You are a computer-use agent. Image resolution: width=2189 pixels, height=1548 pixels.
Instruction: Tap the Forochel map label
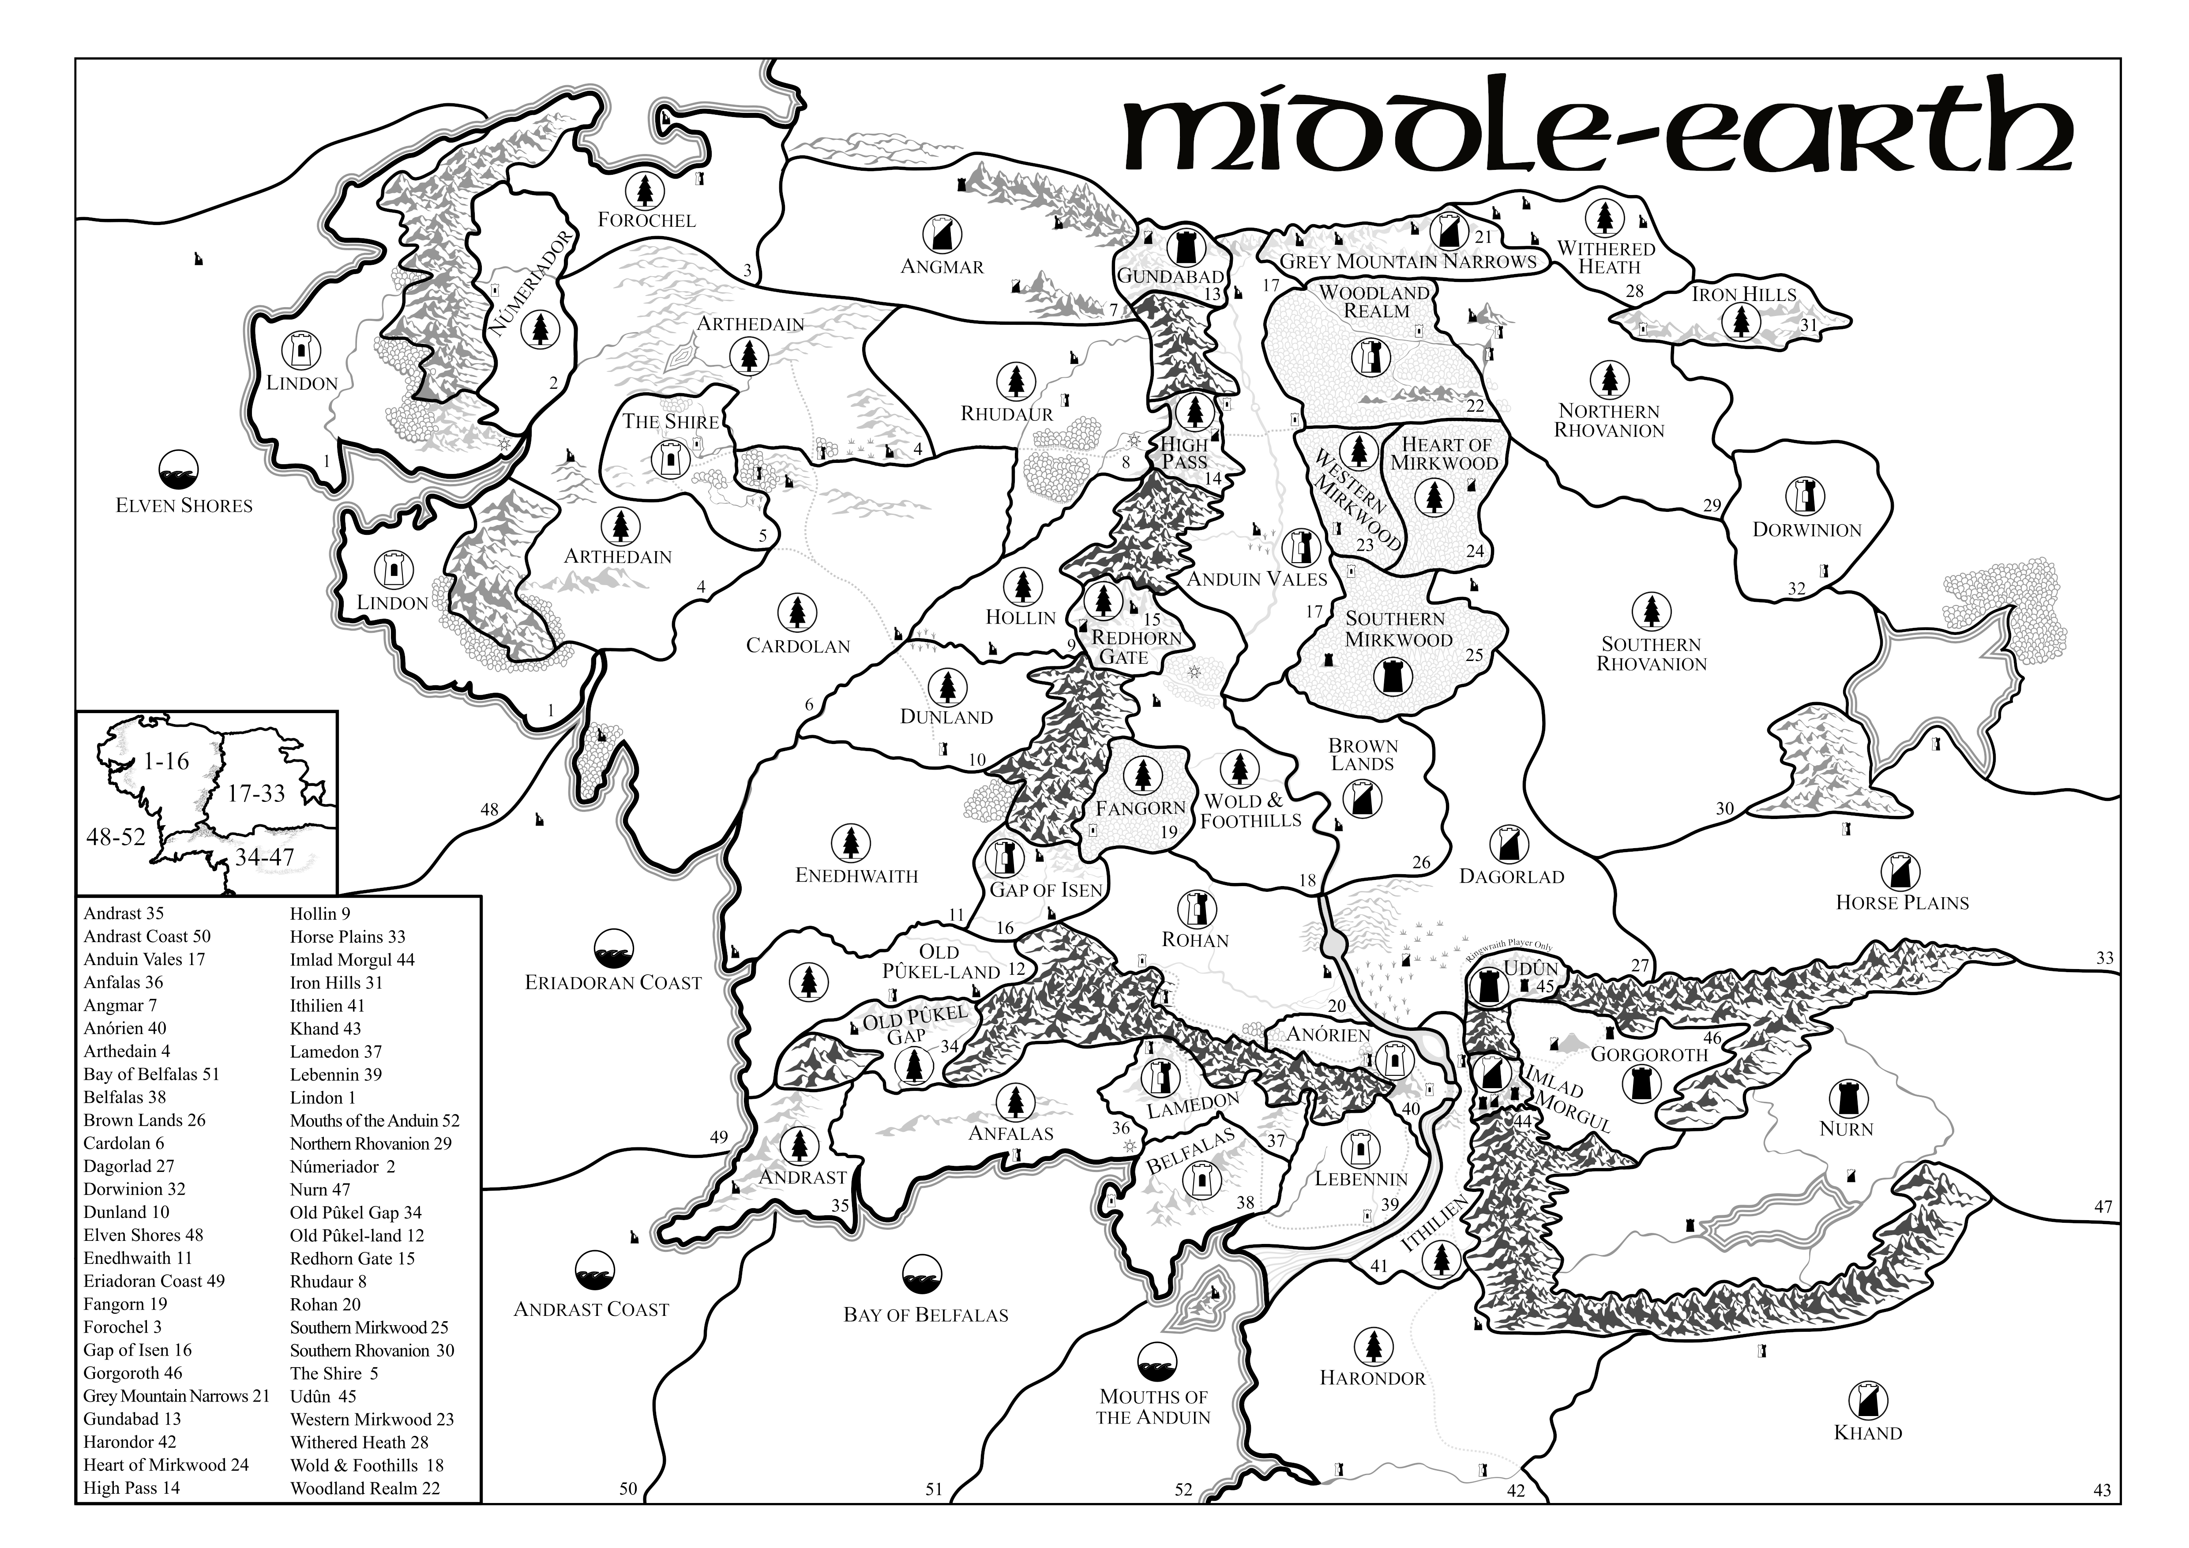coord(646,220)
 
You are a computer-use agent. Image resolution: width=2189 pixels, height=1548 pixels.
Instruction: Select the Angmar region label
coord(942,267)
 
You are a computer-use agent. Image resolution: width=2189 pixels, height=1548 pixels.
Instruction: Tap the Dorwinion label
coord(1807,530)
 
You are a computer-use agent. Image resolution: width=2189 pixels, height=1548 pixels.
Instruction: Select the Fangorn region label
coord(1140,808)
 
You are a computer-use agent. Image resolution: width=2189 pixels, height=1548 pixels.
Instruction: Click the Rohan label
coord(1196,940)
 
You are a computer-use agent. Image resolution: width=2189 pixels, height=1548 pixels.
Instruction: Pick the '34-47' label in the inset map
coord(265,857)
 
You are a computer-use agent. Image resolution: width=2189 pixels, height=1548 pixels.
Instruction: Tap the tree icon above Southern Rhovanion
coord(1650,611)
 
